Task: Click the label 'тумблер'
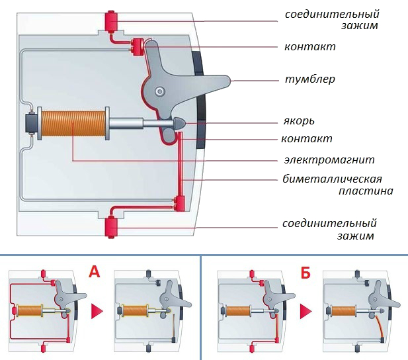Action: coord(309,79)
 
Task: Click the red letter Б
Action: coord(305,271)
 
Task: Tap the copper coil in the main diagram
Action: coord(75,124)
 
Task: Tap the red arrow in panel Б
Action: coord(306,310)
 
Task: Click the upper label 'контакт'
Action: coord(309,47)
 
